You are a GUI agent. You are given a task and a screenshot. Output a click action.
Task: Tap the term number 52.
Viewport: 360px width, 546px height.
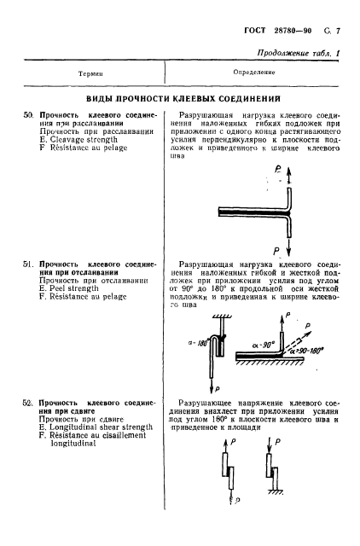27,401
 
